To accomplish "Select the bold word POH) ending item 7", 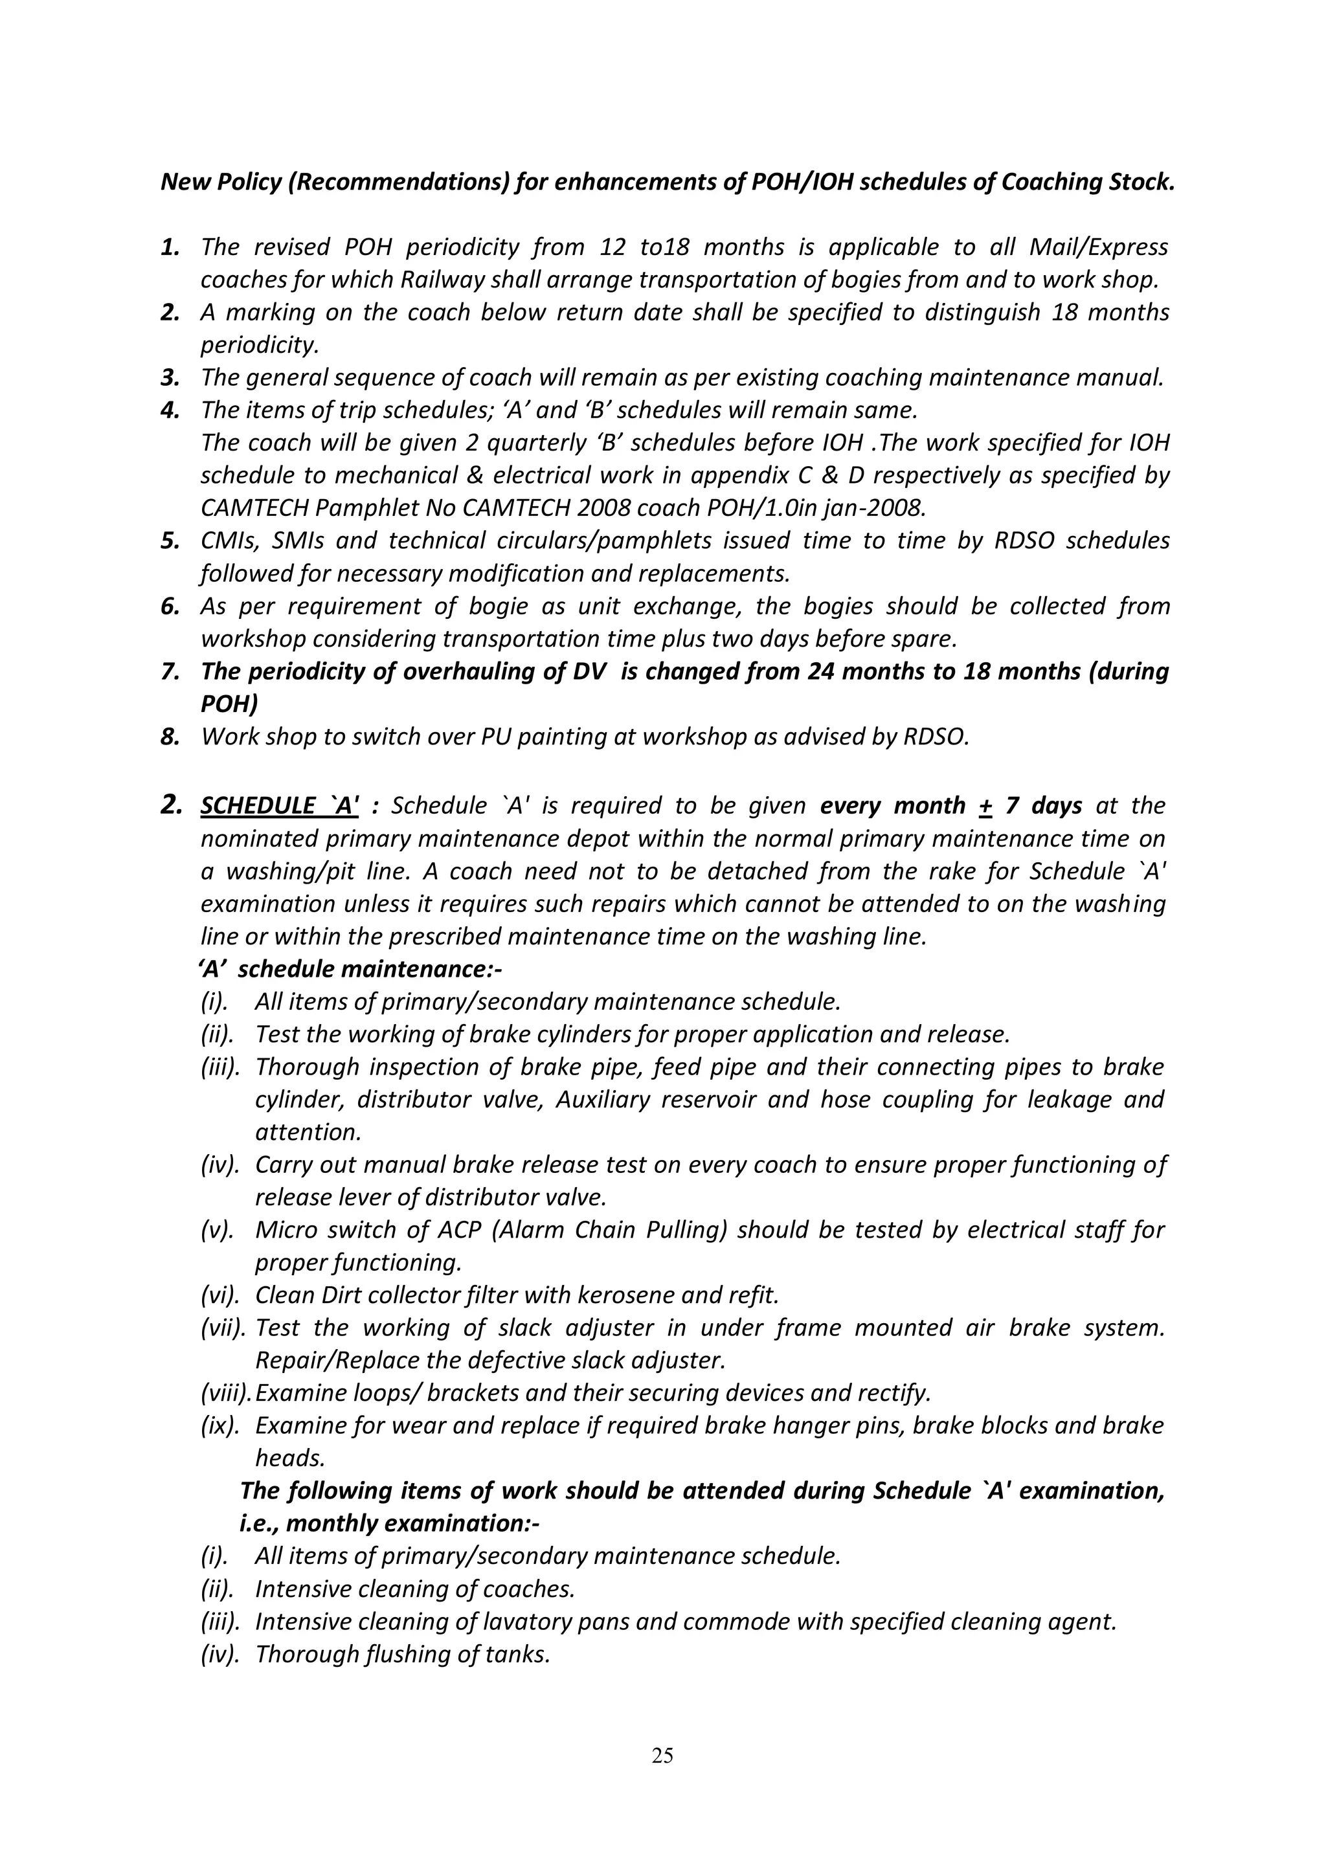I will pyautogui.click(x=229, y=704).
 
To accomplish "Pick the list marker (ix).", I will pyautogui.click(x=219, y=1426).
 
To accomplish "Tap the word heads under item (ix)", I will pyautogui.click(x=290, y=1458).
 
